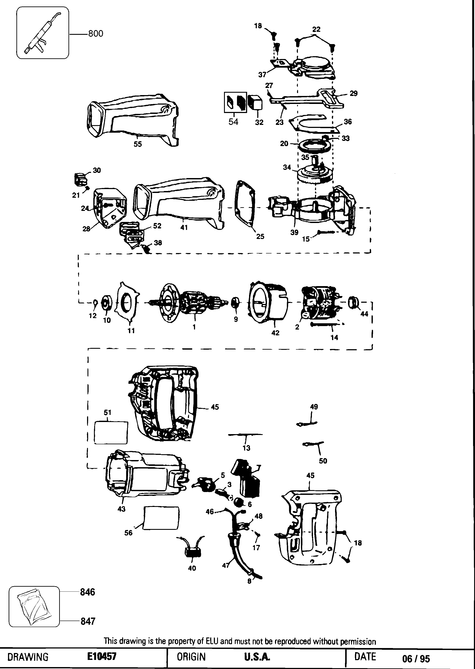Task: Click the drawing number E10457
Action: (x=102, y=656)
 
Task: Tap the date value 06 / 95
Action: (x=416, y=658)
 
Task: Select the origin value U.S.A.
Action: (x=257, y=657)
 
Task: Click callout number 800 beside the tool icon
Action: (x=96, y=34)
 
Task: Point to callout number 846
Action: (x=87, y=592)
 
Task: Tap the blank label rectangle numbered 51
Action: (x=111, y=433)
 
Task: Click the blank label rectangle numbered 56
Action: (x=161, y=518)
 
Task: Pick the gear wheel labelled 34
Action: (x=315, y=175)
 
